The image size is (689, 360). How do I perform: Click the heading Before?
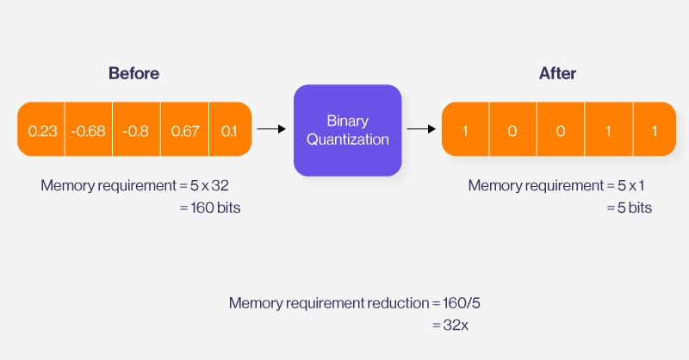[x=133, y=74]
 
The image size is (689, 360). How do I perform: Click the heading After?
[x=557, y=74]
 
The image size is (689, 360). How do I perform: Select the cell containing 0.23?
[x=42, y=131]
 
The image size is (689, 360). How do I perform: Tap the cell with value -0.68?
[x=89, y=131]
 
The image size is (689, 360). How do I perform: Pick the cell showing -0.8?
[x=136, y=131]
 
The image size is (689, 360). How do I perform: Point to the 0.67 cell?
[x=184, y=131]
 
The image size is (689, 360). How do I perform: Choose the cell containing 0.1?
[x=229, y=131]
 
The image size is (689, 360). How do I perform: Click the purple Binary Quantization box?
[x=348, y=129]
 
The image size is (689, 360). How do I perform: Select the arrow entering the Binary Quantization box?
[x=271, y=129]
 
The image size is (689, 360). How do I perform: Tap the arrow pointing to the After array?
[x=421, y=129]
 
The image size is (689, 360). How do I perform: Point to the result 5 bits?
[x=630, y=208]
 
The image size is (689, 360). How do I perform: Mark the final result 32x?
[x=455, y=326]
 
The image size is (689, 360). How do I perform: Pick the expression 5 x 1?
[x=631, y=185]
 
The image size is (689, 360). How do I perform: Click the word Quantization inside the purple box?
[x=348, y=139]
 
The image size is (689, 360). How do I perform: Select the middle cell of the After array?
[x=561, y=131]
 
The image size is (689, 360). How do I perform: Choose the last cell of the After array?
[x=654, y=131]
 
